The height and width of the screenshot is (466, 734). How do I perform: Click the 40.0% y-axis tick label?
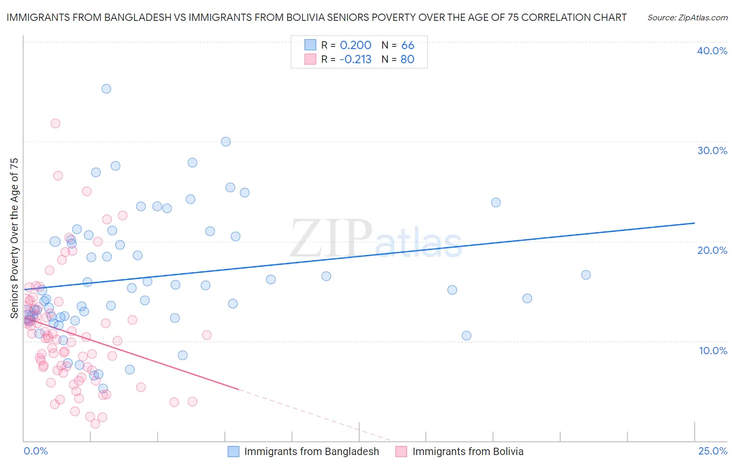coord(712,51)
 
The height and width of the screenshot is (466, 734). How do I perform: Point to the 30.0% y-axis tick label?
coord(712,150)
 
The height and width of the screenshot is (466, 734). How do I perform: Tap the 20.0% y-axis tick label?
coord(712,250)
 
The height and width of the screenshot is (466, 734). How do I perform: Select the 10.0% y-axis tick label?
coord(713,351)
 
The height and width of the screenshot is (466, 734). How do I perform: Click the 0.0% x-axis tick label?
coord(35,451)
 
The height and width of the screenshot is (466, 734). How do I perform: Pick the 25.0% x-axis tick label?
coord(713,451)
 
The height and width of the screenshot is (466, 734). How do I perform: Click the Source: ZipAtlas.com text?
coord(687,18)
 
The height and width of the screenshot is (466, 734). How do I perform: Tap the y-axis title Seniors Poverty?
coord(14,238)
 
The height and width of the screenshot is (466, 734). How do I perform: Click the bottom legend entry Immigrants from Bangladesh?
coord(311,451)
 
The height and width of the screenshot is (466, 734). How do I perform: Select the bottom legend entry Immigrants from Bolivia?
coord(467,451)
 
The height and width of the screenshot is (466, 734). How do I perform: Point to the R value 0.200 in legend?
coord(356,45)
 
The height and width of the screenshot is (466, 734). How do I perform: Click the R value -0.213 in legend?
coord(355,60)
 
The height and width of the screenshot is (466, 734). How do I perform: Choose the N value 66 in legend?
coord(408,45)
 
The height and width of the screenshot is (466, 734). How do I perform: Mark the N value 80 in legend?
coord(407,60)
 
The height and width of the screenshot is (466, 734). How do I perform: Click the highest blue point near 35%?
coord(106,89)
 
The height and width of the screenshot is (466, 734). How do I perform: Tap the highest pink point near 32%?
coord(55,123)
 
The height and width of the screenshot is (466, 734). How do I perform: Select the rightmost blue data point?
coord(586,275)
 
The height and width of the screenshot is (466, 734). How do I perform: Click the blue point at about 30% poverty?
coord(226,142)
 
